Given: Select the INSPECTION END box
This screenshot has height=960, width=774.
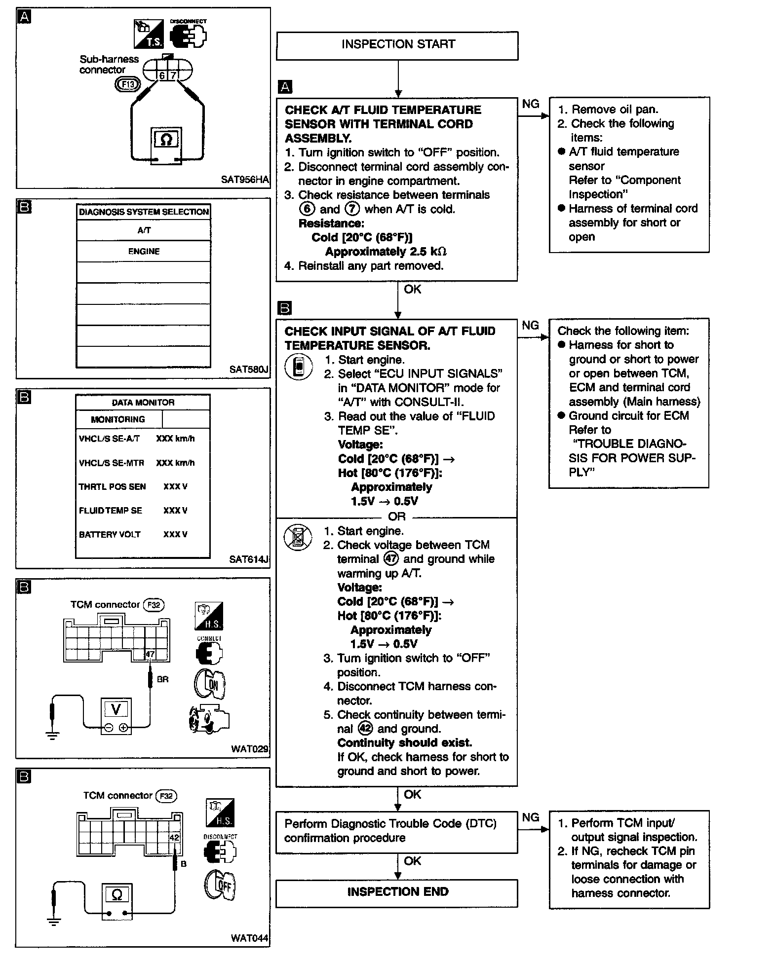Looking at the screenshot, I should [397, 891].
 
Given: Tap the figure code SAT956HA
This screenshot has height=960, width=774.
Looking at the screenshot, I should [245, 180].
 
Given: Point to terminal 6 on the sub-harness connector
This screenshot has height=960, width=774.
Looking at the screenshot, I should [162, 75].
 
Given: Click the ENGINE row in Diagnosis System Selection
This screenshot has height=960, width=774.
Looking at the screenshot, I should [144, 251].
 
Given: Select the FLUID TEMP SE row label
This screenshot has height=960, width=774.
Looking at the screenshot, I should [111, 511].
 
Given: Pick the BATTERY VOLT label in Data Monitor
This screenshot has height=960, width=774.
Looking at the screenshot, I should [110, 534].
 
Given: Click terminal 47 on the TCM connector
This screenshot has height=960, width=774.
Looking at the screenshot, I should [150, 654].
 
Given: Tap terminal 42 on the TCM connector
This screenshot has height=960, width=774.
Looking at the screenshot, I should [174, 837].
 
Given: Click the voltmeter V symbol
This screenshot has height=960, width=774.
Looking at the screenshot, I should [116, 709].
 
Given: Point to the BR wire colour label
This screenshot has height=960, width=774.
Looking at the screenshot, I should [162, 679].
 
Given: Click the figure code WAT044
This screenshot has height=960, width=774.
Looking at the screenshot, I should [250, 938].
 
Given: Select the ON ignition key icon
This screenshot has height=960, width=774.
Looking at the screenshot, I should [209, 684].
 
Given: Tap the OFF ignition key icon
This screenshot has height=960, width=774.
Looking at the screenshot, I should [221, 884].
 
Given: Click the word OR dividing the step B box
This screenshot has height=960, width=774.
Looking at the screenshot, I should [396, 517].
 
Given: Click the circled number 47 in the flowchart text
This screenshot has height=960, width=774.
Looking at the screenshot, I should [390, 559].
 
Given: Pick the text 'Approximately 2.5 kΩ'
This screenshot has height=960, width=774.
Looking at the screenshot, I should [386, 252].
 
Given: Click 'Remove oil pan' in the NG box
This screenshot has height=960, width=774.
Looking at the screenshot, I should [615, 110].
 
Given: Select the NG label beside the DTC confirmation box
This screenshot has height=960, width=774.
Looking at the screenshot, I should [531, 817].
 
